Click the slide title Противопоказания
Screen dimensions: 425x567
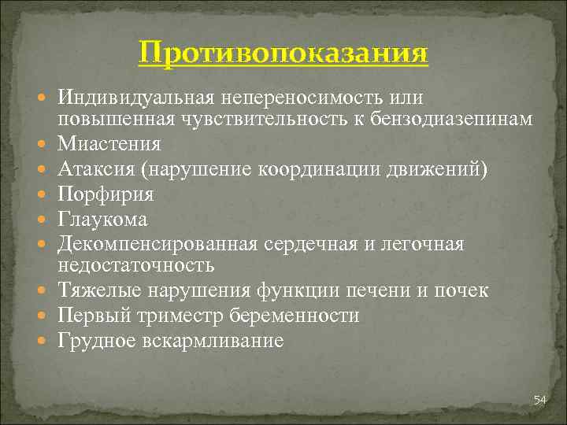pyautogui.click(x=283, y=54)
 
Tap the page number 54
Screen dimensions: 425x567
pyautogui.click(x=539, y=401)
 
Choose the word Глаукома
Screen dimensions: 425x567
pyautogui.click(x=102, y=218)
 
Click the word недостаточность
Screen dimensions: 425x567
pyautogui.click(x=135, y=266)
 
